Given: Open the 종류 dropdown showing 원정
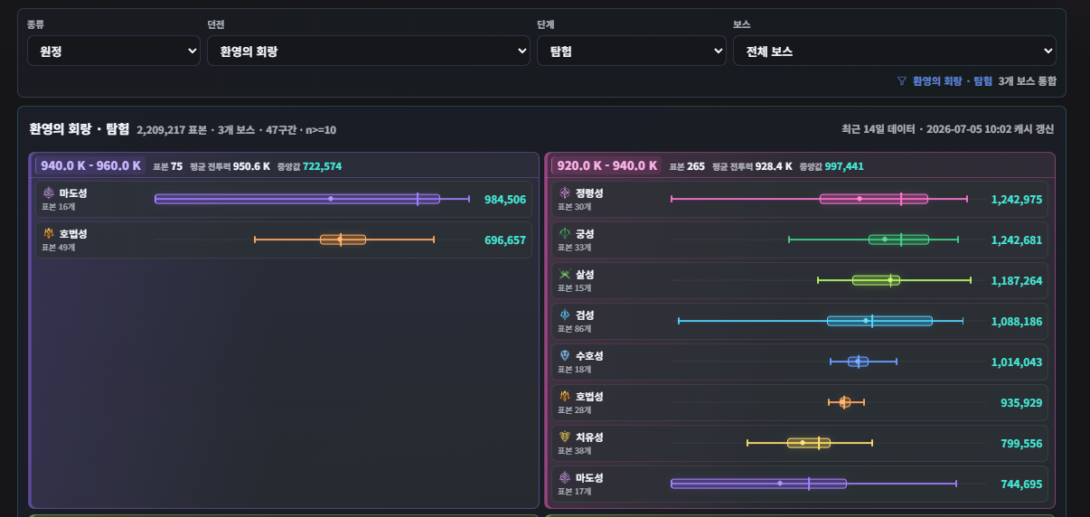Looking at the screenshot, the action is tap(113, 51).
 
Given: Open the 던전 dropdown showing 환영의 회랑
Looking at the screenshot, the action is tap(369, 51).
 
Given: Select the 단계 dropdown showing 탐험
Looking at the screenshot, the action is tap(631, 51).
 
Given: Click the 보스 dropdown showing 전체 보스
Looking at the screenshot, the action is tap(895, 51).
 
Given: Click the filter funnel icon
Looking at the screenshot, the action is tap(902, 80).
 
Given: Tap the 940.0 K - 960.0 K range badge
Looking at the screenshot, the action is tap(90, 166).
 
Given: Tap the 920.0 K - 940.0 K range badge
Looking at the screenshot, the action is tap(606, 166).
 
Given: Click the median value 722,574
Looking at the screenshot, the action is tap(322, 166).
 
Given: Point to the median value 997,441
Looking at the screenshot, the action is tap(844, 166).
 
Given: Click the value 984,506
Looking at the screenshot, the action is tap(505, 200).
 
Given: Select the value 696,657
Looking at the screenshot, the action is tap(505, 240).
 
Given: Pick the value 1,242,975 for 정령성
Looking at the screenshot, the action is tap(1017, 200).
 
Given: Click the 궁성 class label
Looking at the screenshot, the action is tap(585, 234).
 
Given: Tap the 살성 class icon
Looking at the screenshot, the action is tap(565, 275).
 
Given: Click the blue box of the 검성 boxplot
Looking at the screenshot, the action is tap(879, 321).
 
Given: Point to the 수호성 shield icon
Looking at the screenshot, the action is tap(565, 356).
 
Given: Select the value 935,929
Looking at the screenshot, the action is tap(1021, 403).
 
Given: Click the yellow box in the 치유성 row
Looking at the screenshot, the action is tap(809, 443).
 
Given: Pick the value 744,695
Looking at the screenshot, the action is tap(1021, 484).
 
